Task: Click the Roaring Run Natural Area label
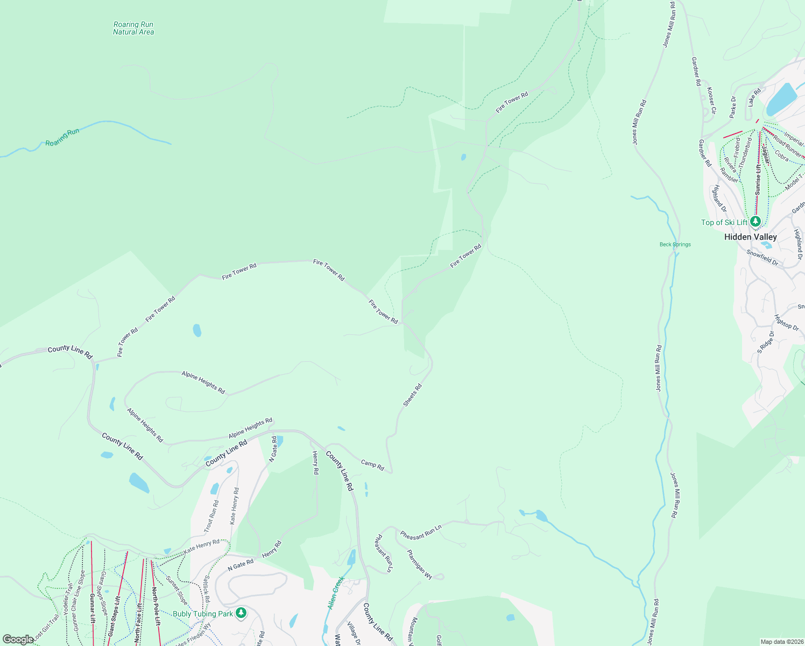(133, 29)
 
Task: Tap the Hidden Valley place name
(750, 237)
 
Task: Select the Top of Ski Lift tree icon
(755, 221)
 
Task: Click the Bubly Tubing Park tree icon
(241, 613)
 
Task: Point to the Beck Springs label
(675, 244)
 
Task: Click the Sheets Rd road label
(413, 395)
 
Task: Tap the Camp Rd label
(372, 465)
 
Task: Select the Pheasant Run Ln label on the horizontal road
(421, 532)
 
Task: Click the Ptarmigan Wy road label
(419, 564)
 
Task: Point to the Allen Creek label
(336, 593)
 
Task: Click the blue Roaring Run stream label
(62, 137)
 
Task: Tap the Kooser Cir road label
(711, 100)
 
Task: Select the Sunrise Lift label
(758, 179)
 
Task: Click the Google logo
(18, 640)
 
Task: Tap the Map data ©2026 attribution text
(781, 642)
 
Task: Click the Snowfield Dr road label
(762, 257)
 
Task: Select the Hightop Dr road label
(786, 322)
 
